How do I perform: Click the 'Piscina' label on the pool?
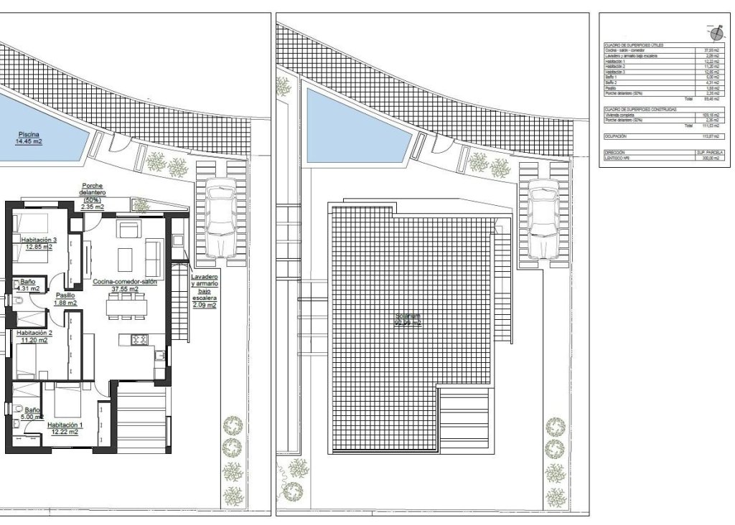(29, 137)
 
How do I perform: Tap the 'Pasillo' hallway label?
(66, 298)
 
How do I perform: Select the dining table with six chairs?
(126, 305)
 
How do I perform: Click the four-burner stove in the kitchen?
(138, 339)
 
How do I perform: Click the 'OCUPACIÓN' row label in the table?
(616, 136)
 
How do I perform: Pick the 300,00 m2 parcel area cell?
(707, 158)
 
